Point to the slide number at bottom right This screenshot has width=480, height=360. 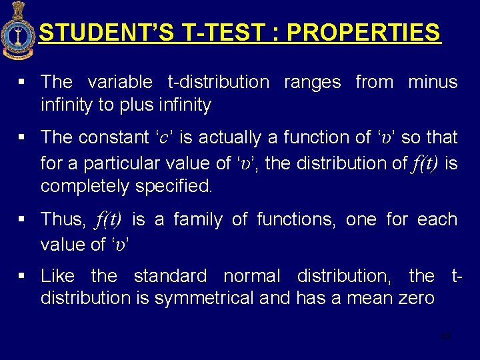click(x=446, y=336)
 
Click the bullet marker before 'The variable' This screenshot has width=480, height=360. click(x=22, y=83)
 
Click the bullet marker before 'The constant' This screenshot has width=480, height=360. click(x=22, y=138)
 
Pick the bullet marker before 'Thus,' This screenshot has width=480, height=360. click(x=22, y=219)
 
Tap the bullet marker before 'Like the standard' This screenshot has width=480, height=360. click(x=22, y=276)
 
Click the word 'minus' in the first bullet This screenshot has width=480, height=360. click(x=433, y=82)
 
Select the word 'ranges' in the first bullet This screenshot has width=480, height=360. click(x=312, y=82)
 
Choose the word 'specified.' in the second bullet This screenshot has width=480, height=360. click(x=174, y=187)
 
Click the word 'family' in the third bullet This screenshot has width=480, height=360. click(x=198, y=219)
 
